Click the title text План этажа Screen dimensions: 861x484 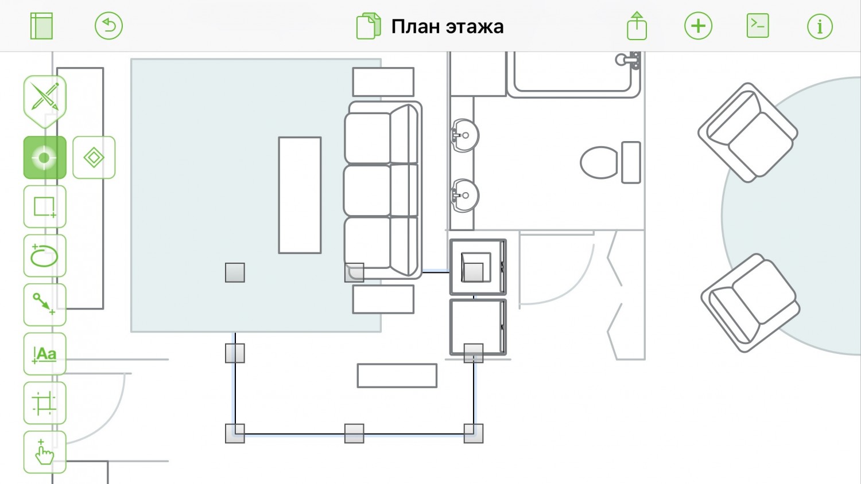coord(447,27)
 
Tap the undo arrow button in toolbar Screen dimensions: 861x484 coord(109,26)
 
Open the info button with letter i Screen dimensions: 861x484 coord(820,26)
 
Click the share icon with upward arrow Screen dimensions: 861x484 coord(637,26)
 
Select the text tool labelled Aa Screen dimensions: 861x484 coord(45,354)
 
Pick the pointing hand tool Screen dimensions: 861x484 coord(45,452)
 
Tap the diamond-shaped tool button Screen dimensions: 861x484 coord(94,158)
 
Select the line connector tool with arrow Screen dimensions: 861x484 coord(45,305)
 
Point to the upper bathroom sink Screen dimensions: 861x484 coord(464,135)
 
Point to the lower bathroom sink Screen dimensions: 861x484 coord(464,195)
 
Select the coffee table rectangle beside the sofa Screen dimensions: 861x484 coord(300,195)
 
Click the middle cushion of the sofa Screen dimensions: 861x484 coord(380,190)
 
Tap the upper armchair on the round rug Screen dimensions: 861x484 coord(747,132)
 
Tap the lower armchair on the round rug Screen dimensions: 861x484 coord(750,303)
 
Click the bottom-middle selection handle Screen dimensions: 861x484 coord(354,434)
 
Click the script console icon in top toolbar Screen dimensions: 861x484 coord(758,26)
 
